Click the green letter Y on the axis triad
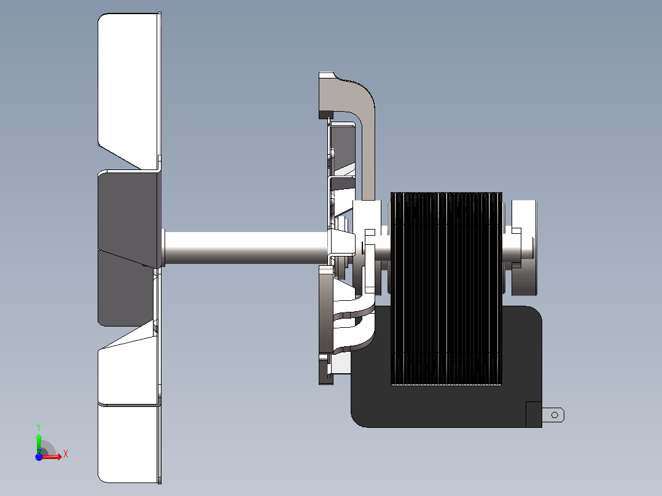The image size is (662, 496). pyautogui.click(x=39, y=427)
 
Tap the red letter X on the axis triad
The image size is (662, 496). pyautogui.click(x=66, y=454)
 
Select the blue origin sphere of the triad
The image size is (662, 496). pyautogui.click(x=39, y=457)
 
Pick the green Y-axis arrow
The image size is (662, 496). pyautogui.click(x=39, y=443)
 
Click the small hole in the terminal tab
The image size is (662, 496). pyautogui.click(x=555, y=415)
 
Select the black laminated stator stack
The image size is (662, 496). pyautogui.click(x=446, y=289)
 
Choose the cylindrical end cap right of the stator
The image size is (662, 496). pyautogui.click(x=524, y=247)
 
